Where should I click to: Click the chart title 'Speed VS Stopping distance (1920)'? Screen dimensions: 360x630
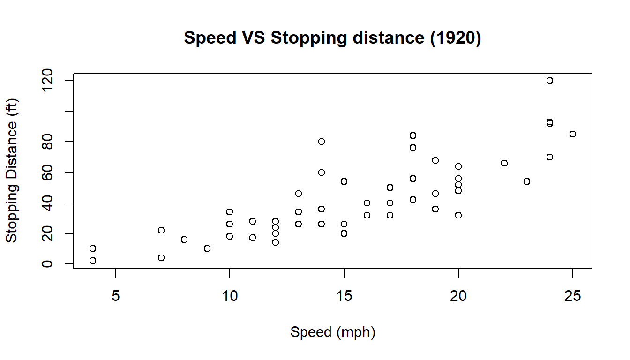click(x=332, y=38)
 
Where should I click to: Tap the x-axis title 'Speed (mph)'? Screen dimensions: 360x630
click(x=333, y=332)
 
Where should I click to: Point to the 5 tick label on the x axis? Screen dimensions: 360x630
click(x=115, y=296)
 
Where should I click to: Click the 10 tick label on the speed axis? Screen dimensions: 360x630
click(x=230, y=296)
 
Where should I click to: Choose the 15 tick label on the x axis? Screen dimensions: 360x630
click(x=344, y=296)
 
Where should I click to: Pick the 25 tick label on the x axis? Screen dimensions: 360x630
click(x=572, y=296)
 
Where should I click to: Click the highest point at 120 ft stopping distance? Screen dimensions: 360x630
click(x=550, y=81)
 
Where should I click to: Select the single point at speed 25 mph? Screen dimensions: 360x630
click(x=572, y=134)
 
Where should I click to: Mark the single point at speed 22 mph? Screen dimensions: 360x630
click(x=504, y=163)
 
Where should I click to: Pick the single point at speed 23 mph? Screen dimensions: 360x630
click(x=527, y=181)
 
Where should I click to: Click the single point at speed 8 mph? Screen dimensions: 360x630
click(x=184, y=240)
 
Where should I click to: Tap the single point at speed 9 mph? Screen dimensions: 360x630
click(x=207, y=248)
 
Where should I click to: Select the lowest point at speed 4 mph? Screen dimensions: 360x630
click(x=93, y=261)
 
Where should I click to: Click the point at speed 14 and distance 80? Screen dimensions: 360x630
click(x=321, y=142)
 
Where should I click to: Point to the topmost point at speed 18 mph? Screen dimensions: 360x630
click(x=412, y=135)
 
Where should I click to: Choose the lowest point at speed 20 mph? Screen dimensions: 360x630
click(x=458, y=215)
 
